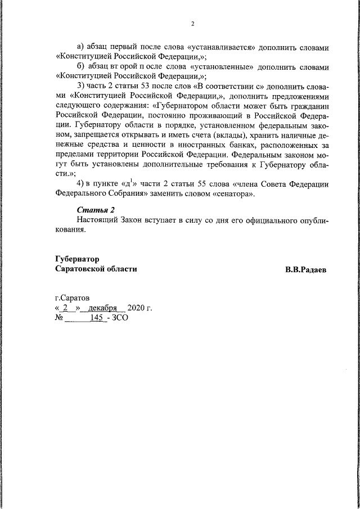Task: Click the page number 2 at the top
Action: point(192,24)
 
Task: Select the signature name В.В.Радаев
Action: point(306,269)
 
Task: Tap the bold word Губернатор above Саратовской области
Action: point(77,259)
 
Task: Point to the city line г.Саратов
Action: point(71,298)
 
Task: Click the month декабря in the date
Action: point(102,308)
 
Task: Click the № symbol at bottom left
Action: point(59,318)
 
